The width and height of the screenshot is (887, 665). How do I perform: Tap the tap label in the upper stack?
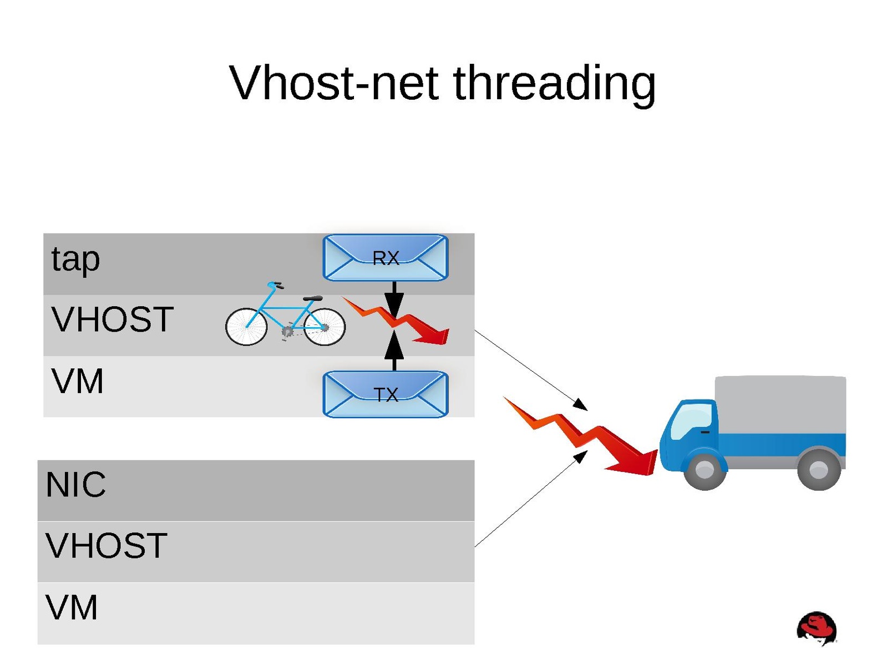75,260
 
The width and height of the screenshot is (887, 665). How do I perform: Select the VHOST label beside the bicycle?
113,319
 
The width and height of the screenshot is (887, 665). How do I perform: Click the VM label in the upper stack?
78,382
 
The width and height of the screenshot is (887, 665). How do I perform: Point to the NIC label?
76,485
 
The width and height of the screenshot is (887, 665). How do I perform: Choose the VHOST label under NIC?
107,546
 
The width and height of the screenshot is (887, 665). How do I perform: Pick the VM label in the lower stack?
72,607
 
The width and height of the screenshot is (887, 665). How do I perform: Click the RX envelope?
386,258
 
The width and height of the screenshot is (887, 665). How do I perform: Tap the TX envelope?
386,394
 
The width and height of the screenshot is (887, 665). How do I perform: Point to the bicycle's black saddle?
313,298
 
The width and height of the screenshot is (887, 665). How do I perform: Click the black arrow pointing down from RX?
394,299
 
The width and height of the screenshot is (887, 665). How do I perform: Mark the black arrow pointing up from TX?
394,349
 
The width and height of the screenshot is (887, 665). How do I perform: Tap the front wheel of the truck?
705,470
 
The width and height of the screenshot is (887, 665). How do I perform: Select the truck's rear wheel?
819,470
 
